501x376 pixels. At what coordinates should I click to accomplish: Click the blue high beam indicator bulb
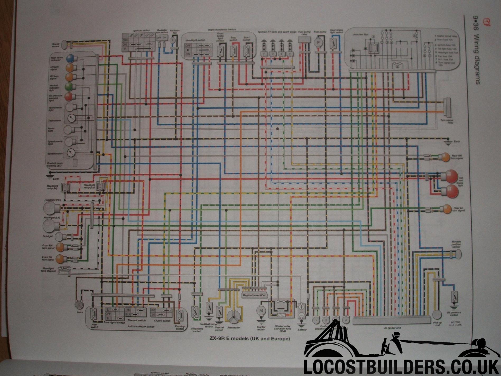point(70,58)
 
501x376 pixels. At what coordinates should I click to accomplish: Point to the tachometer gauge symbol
point(72,118)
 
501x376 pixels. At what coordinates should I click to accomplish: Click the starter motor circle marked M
point(261,311)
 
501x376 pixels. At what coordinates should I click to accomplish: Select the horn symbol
point(79,305)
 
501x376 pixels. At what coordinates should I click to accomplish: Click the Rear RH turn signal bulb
point(446,157)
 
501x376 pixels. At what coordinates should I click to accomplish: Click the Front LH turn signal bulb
point(60,259)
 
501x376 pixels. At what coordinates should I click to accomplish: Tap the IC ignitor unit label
point(392,328)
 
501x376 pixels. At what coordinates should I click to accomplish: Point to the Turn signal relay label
point(447,121)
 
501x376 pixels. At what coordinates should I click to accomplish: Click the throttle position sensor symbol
point(458,254)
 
